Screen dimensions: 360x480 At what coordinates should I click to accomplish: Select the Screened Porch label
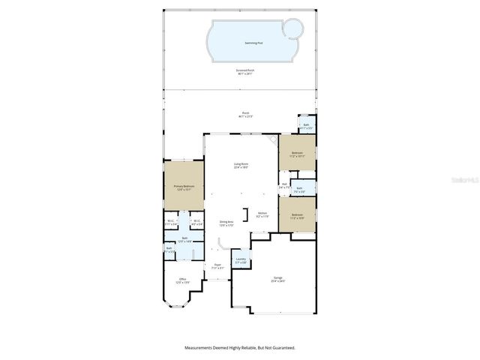pyautogui.click(x=245, y=71)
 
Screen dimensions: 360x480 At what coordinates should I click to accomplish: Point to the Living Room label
pyautogui.click(x=241, y=165)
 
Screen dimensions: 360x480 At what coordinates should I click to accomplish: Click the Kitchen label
pyautogui.click(x=262, y=214)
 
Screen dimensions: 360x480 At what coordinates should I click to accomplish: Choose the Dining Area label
pyautogui.click(x=226, y=223)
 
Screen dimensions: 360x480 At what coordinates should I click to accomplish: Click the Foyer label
pyautogui.click(x=217, y=266)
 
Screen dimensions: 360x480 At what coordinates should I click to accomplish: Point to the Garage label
pyautogui.click(x=278, y=280)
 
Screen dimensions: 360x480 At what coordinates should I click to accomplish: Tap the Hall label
pyautogui.click(x=284, y=185)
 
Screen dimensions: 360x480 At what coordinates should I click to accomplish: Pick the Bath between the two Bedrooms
pyautogui.click(x=299, y=190)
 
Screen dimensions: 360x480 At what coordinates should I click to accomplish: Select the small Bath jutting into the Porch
pyautogui.click(x=306, y=126)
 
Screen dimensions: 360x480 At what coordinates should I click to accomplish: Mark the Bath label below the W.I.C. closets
pyautogui.click(x=184, y=241)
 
